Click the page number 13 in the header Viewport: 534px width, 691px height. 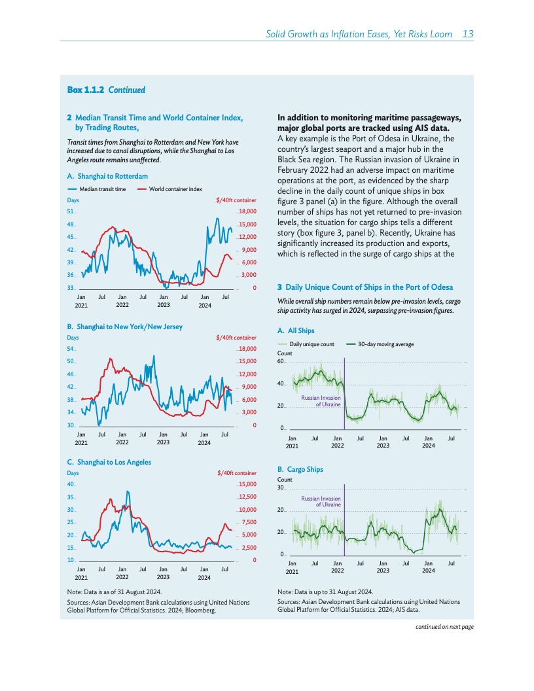[x=467, y=34]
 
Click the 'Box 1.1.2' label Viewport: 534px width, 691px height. [x=86, y=90]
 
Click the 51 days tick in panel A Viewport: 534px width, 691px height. [x=70, y=212]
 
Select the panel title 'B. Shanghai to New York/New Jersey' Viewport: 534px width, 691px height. [x=125, y=326]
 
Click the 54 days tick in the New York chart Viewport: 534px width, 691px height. [x=70, y=349]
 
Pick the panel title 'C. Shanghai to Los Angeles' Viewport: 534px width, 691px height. [x=109, y=462]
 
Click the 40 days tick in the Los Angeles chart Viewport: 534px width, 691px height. [x=70, y=485]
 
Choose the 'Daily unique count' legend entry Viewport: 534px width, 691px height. [x=311, y=344]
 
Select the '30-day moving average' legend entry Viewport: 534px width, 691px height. [x=385, y=344]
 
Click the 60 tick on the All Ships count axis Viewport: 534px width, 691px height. [x=281, y=361]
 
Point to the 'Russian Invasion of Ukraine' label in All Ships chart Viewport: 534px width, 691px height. [x=321, y=401]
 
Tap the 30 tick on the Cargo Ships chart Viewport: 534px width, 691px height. [x=281, y=488]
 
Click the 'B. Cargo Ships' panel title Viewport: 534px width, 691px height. [x=300, y=469]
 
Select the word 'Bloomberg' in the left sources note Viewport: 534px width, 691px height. [x=199, y=610]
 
